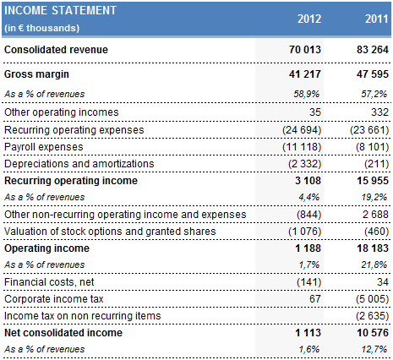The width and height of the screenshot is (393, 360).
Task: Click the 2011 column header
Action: pyautogui.click(x=374, y=18)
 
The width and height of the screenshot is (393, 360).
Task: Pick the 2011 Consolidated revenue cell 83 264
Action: pyautogui.click(x=367, y=50)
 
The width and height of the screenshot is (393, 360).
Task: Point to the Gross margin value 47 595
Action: pyautogui.click(x=367, y=75)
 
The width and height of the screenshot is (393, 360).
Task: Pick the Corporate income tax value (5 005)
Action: pyautogui.click(x=368, y=300)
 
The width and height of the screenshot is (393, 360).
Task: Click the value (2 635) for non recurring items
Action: pyautogui.click(x=368, y=317)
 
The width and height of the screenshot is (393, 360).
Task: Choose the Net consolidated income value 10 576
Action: pyautogui.click(x=367, y=333)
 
